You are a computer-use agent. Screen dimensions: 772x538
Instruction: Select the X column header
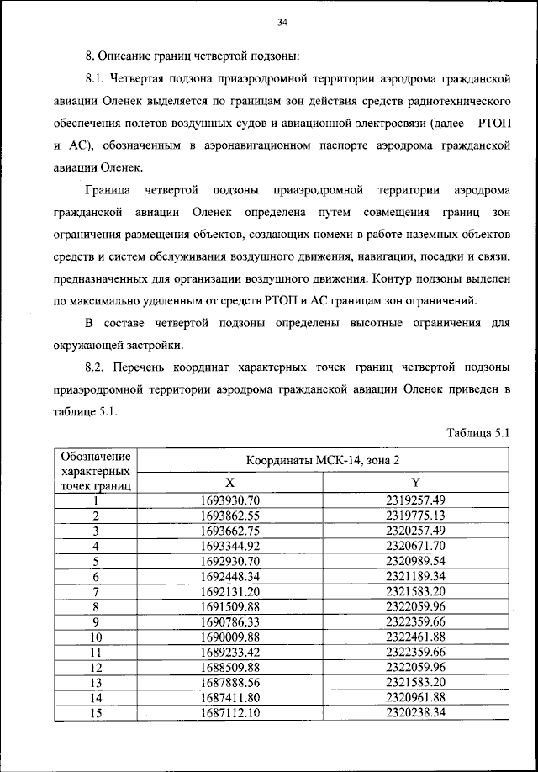[229, 482]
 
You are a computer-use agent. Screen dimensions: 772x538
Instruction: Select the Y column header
[415, 482]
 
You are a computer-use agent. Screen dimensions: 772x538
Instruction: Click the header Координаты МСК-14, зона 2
[323, 460]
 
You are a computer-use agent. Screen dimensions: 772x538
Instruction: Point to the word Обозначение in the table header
[96, 455]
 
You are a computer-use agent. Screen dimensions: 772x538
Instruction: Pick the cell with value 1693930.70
[230, 500]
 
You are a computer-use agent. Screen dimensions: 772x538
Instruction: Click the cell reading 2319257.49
[415, 500]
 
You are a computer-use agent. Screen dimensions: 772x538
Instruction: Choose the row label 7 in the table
[96, 591]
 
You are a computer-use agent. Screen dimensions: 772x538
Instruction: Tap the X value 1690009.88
[230, 637]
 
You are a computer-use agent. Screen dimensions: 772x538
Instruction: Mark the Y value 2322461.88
[415, 637]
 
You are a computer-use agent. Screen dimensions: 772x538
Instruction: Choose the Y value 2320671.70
[415, 546]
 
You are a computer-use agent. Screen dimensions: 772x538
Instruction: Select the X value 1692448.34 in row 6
[230, 576]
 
